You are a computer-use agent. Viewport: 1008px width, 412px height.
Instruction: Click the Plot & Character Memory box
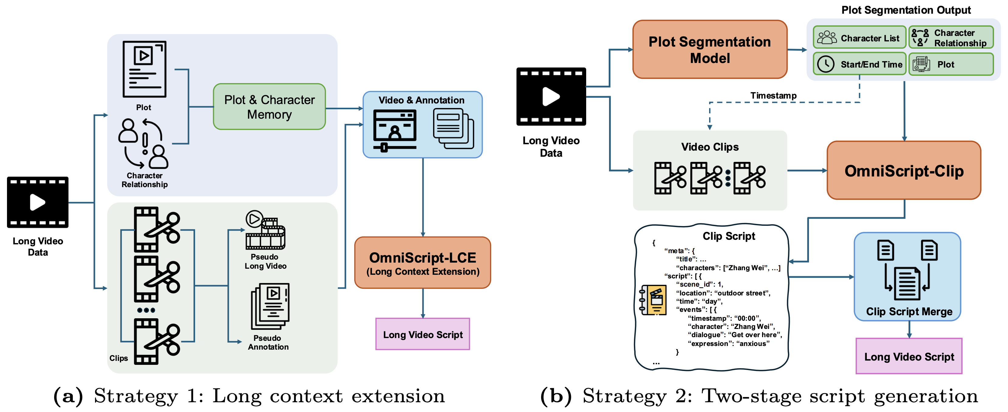269,106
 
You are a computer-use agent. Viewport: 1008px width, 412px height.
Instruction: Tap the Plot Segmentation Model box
709,50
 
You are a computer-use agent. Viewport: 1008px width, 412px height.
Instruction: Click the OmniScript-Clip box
904,171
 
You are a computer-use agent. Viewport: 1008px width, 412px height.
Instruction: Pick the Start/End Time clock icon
826,64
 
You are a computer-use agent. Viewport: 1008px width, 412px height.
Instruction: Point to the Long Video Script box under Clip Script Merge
908,356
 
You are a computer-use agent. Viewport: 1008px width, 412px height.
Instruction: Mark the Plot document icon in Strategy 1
144,69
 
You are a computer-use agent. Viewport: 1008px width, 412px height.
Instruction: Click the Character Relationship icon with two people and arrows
144,144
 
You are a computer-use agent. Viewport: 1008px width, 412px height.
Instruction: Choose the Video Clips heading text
709,147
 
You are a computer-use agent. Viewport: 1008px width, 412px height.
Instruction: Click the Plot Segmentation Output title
906,10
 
